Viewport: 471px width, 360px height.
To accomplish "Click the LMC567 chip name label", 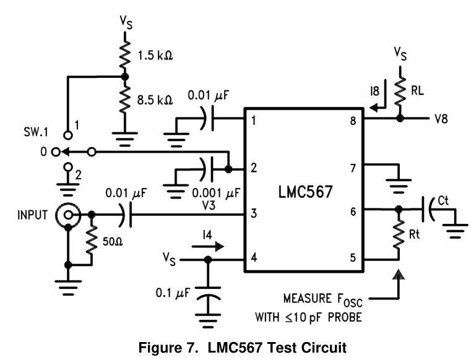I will click(x=301, y=192).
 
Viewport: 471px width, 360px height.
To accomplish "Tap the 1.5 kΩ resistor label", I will click(x=154, y=55).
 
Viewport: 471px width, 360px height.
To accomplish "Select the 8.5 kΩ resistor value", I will click(x=154, y=99).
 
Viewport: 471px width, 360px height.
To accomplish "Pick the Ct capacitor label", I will click(x=444, y=200).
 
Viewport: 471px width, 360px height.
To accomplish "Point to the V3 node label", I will click(x=208, y=205).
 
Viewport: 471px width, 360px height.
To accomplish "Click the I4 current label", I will click(x=207, y=235).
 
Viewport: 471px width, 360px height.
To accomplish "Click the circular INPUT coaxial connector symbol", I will click(x=66, y=215).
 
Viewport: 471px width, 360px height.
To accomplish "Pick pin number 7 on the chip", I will click(x=353, y=167).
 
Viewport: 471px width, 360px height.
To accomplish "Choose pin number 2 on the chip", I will click(x=254, y=167).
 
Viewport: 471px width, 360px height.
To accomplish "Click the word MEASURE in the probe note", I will click(x=308, y=299).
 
